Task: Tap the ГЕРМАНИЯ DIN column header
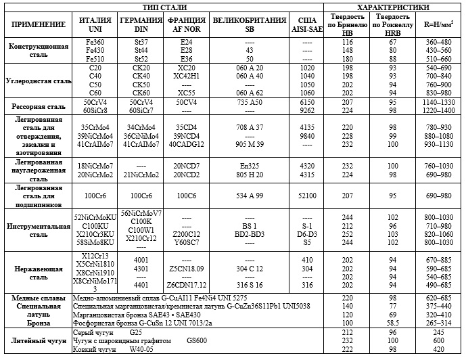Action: click(x=141, y=25)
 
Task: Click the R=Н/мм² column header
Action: click(x=438, y=25)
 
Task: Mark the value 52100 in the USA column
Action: click(x=307, y=195)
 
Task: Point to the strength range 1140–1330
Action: click(x=438, y=101)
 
